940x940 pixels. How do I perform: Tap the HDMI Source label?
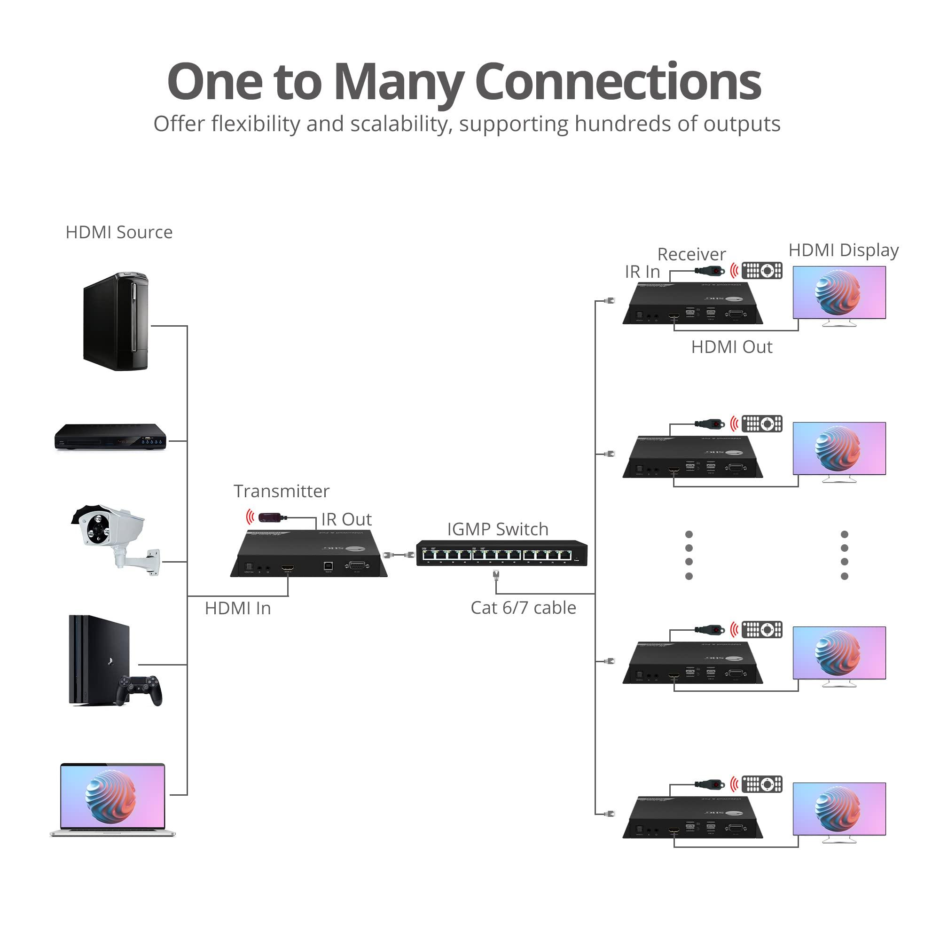coord(119,233)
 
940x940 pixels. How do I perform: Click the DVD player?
coord(110,437)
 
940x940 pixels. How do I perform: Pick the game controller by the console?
coord(140,689)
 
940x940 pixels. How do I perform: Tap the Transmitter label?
coord(281,492)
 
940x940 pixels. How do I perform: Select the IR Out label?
coord(346,520)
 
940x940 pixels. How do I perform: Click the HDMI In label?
coord(237,609)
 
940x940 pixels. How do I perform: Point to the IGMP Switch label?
coord(497,529)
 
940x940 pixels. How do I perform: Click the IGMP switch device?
coord(501,554)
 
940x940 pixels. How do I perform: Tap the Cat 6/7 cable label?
coord(523,608)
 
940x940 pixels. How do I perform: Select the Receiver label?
coord(691,254)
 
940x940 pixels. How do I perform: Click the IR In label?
coord(642,272)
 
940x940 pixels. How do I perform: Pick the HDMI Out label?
coord(731,347)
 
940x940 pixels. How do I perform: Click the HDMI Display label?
coord(843,251)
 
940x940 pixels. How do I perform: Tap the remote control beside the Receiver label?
coord(761,271)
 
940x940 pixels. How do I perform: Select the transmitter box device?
coord(309,555)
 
